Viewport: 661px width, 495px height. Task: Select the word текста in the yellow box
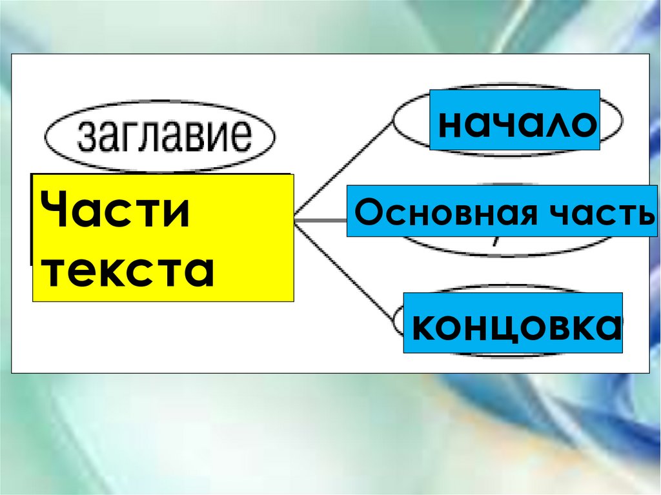129,271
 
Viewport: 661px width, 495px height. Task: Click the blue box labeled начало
514,121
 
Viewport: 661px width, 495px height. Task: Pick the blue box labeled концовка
513,323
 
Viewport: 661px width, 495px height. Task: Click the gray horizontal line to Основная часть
320,221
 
